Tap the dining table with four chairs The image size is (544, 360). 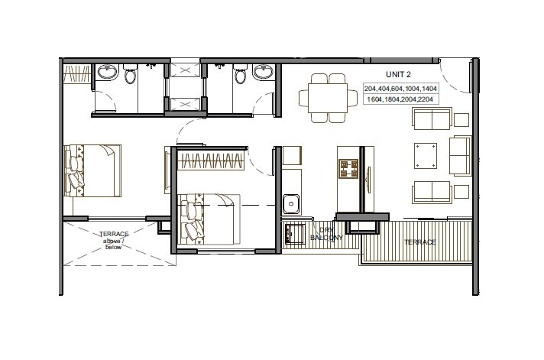327,98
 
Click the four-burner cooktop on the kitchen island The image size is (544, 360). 349,170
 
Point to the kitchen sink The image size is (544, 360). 291,203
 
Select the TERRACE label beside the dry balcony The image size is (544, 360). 419,242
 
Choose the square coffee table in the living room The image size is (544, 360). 426,156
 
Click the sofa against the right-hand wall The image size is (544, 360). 461,155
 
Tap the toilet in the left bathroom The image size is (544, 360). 129,75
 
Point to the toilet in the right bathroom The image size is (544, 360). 241,75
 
